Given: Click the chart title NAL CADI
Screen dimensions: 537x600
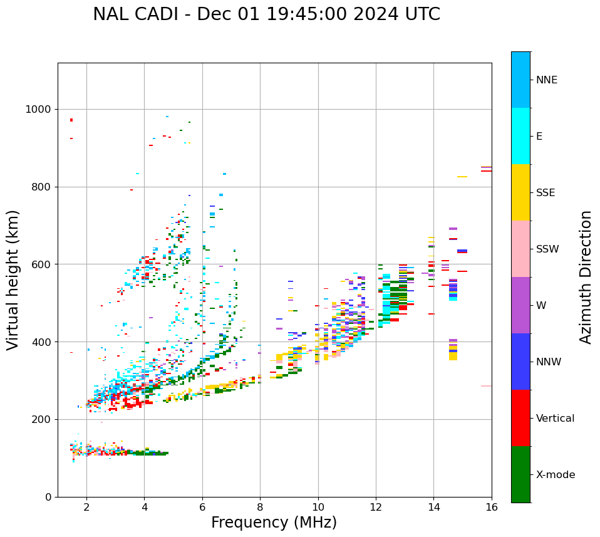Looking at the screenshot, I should tap(266, 14).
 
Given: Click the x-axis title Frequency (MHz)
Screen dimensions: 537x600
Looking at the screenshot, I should tap(274, 523).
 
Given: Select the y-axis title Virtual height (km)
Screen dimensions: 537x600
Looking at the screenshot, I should tap(13, 279).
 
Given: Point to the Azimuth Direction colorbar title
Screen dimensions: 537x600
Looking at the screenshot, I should tap(586, 276).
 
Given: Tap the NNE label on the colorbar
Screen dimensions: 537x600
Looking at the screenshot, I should tap(546, 80).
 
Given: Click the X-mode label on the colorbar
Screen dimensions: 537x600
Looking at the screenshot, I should tap(555, 475).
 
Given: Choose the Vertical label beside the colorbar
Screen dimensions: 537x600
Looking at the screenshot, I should tap(555, 419).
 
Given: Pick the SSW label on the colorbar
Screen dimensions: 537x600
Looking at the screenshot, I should tap(547, 249).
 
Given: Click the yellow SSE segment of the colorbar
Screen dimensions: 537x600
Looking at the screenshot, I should tap(520, 192).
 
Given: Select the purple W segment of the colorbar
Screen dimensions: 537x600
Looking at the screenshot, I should tap(520, 305).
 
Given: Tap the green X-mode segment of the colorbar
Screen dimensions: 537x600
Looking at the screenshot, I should tap(520, 474).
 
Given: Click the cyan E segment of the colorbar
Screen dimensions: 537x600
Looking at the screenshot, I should tap(520, 136).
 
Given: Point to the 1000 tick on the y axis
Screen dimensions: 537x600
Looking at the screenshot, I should tap(39, 109).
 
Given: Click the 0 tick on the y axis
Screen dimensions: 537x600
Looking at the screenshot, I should tap(48, 497).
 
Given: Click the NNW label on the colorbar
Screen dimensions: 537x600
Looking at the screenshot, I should tap(549, 362).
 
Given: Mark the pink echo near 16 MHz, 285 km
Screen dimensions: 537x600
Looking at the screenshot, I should tap(486, 386).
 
